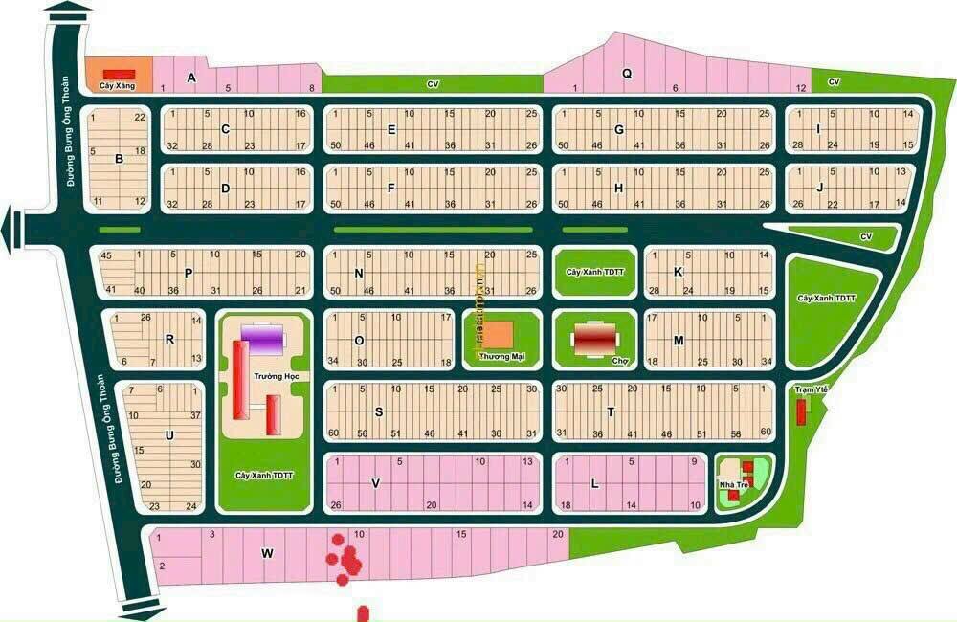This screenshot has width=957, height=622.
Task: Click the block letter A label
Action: [x=191, y=78]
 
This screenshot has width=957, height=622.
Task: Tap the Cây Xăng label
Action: [x=117, y=87]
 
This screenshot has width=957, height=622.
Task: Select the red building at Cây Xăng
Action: [x=120, y=73]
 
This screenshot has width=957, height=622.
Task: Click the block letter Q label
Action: [x=627, y=73]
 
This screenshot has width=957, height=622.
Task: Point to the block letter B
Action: [x=119, y=159]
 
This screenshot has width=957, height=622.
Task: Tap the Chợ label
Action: [x=619, y=361]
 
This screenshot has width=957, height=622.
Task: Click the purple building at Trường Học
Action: [x=263, y=338]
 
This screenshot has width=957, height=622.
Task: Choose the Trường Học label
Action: [x=272, y=377]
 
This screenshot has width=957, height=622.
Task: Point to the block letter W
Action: [x=267, y=552]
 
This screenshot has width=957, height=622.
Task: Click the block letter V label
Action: [x=376, y=483]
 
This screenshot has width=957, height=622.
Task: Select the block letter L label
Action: [x=594, y=484]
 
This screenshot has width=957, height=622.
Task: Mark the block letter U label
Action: [x=169, y=435]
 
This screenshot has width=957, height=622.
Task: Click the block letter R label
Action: [x=168, y=338]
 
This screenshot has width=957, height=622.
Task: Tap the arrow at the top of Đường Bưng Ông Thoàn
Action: [x=69, y=12]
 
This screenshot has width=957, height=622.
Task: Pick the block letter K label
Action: [x=678, y=272]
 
